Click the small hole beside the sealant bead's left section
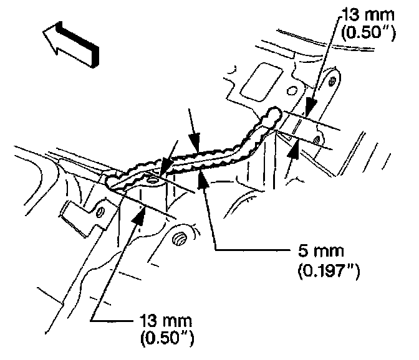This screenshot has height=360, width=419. pyautogui.click(x=153, y=181)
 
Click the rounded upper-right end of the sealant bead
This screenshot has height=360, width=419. pyautogui.click(x=272, y=114)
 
